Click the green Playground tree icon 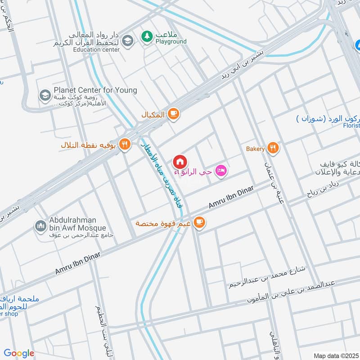(147, 36)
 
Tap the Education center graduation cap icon (128, 40)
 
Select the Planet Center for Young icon (45, 95)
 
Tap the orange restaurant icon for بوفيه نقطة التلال (126, 144)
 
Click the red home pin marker (180, 162)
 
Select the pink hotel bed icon (220, 171)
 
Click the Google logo (19, 353)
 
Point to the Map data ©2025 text (335, 356)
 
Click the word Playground (171, 42)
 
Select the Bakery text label (255, 149)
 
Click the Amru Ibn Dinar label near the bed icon (229, 198)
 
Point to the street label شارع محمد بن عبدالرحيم (267, 277)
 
